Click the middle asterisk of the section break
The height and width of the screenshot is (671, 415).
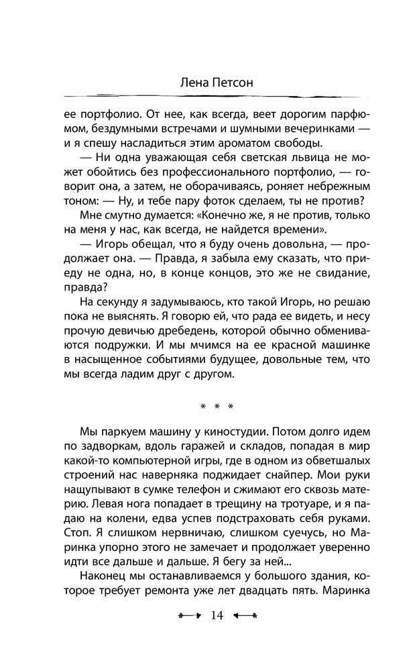(217, 406)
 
